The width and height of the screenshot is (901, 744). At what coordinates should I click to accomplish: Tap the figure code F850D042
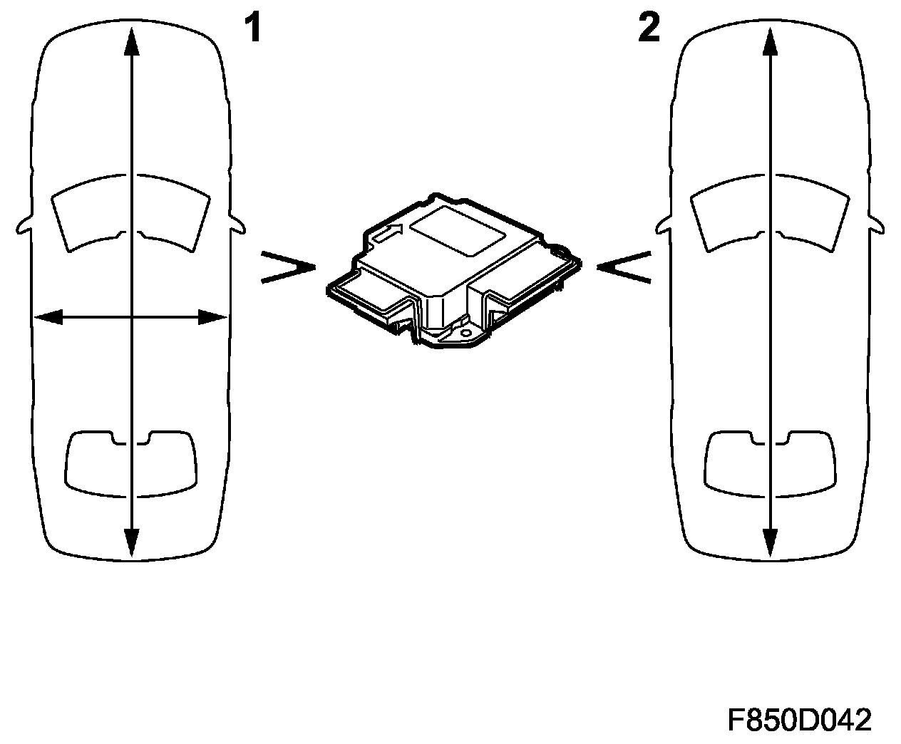(800, 720)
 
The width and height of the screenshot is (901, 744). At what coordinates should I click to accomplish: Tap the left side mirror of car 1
(24, 224)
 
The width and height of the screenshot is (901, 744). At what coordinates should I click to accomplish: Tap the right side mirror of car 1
(237, 224)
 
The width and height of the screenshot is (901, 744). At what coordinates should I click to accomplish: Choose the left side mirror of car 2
(664, 224)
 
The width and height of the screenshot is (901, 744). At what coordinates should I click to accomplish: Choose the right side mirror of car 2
(877, 224)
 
